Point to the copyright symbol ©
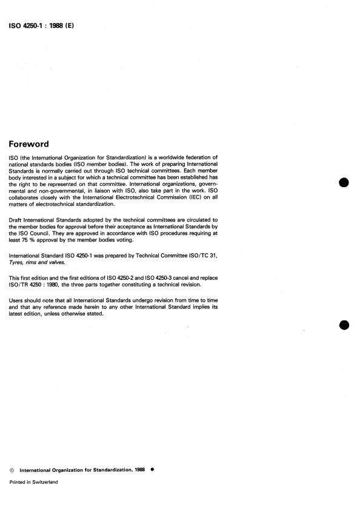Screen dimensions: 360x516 pyautogui.click(x=13, y=469)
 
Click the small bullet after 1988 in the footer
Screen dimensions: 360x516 pyautogui.click(x=152, y=469)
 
